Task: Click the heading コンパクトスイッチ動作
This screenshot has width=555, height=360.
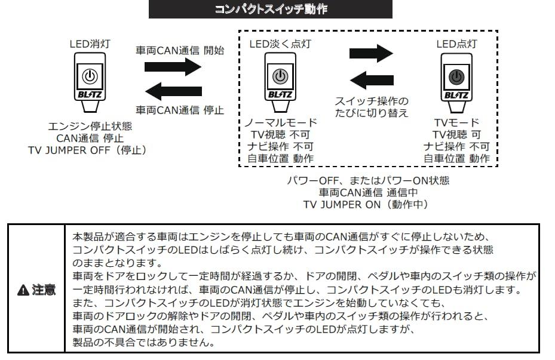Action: tap(270, 10)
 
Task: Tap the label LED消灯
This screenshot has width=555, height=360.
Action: tap(89, 44)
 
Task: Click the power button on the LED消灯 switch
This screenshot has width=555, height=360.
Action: tap(89, 76)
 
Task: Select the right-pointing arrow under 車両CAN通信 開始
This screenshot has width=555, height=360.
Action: tap(173, 66)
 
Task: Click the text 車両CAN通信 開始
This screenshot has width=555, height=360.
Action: tap(180, 51)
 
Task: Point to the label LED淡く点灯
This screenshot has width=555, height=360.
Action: tap(280, 44)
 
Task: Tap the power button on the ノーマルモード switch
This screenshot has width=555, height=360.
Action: tap(280, 76)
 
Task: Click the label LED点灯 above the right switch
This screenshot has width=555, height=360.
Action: tap(456, 44)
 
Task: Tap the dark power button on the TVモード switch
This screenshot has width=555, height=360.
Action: tap(456, 76)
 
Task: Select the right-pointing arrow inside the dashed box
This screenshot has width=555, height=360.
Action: tap(370, 53)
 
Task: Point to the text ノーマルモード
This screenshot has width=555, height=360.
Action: tap(280, 122)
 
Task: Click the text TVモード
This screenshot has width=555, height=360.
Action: tap(456, 122)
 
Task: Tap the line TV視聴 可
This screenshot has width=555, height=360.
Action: tap(456, 134)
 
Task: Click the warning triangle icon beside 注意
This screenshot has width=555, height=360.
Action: tap(23, 290)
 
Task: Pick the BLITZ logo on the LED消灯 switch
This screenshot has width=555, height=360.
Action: tap(89, 94)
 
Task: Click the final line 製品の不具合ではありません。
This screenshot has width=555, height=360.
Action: tap(140, 343)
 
